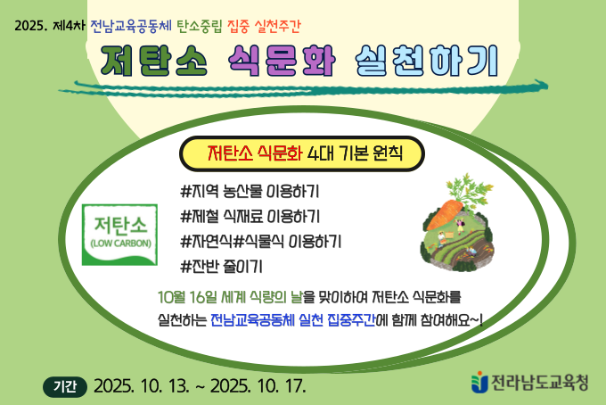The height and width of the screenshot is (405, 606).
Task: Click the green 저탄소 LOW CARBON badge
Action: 120,234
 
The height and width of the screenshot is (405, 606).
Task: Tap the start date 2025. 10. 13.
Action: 140,385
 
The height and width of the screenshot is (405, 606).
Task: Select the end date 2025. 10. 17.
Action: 259,385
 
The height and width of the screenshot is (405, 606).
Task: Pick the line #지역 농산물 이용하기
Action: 250,191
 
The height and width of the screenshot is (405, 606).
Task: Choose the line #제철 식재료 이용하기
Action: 250,216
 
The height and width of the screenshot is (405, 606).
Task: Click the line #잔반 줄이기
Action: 221,266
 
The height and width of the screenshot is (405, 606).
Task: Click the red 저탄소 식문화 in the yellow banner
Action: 254,153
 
